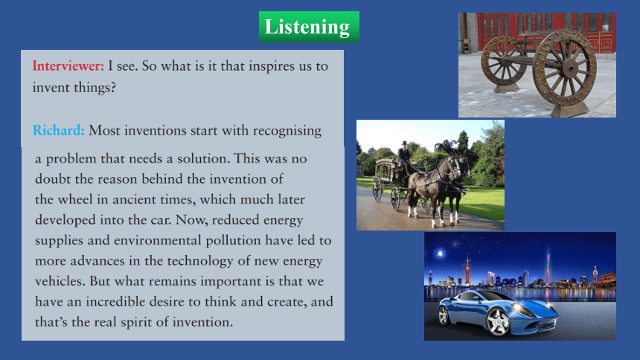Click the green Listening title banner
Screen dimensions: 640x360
(x=309, y=27)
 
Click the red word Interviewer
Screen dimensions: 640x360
(x=68, y=65)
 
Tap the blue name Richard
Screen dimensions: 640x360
(x=58, y=130)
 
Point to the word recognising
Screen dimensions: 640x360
(x=287, y=131)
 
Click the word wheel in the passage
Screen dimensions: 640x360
(x=75, y=199)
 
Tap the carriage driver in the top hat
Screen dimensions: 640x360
(x=404, y=156)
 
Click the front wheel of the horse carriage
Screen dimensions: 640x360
(x=395, y=199)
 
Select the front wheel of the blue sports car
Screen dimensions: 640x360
(x=498, y=322)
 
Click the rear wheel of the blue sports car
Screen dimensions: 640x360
(x=444, y=315)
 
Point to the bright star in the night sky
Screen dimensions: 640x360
(x=440, y=254)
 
